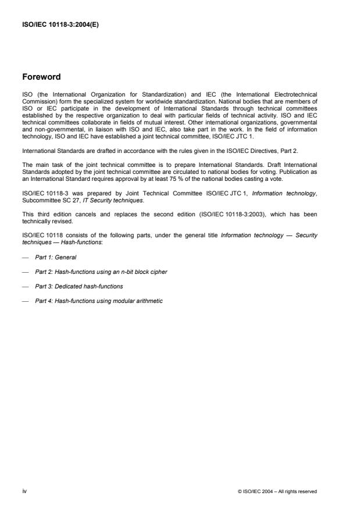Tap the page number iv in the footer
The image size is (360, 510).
24,491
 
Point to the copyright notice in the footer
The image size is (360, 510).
277,491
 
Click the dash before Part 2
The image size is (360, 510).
25,272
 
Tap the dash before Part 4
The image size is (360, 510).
25,301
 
